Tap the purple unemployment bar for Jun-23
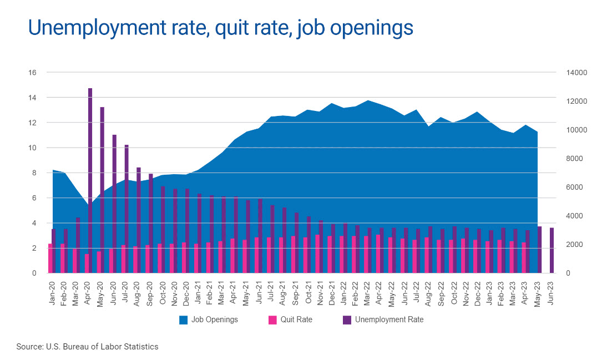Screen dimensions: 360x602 pyautogui.click(x=552, y=250)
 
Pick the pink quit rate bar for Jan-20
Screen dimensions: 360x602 pyautogui.click(x=50, y=258)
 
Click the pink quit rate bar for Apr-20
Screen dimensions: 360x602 pyautogui.click(x=87, y=263)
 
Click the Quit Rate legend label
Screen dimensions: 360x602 pyautogui.click(x=296, y=320)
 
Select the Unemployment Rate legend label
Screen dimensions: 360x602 pyautogui.click(x=389, y=320)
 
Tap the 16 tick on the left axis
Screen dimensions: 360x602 pyautogui.click(x=33, y=73)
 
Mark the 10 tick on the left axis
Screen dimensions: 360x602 pyautogui.click(x=33, y=148)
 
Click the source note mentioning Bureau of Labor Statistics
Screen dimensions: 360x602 pyautogui.click(x=88, y=347)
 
